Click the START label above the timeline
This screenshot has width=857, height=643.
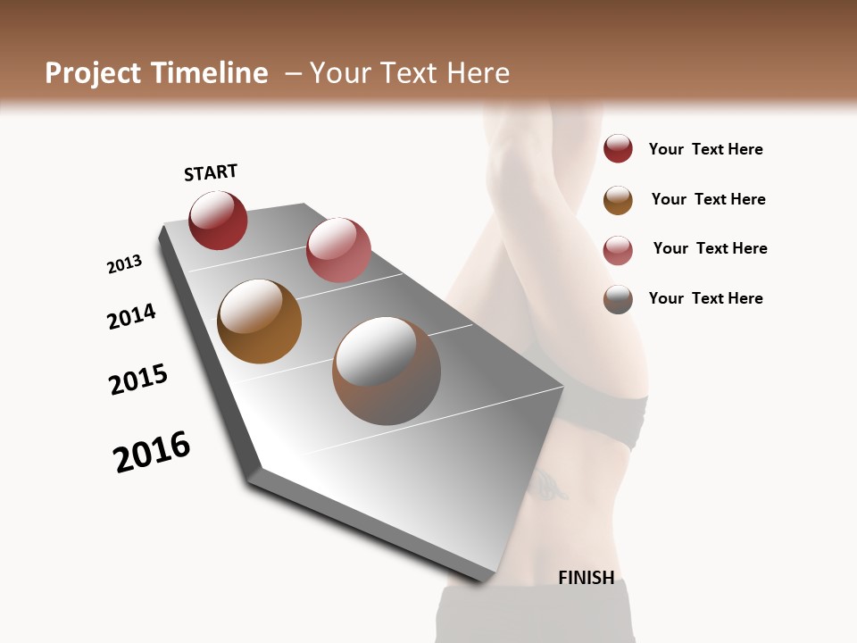coord(211,172)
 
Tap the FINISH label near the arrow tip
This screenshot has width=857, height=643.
coord(586,578)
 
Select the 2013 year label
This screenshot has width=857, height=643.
coord(124,264)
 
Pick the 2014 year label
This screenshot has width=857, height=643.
coord(131,317)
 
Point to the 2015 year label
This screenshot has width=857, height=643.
coord(138,380)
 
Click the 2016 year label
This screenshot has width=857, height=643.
coord(152,452)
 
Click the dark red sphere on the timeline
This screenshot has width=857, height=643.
coord(218,221)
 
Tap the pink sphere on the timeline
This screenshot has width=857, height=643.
coord(338,250)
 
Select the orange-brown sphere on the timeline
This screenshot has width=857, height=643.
coord(259,321)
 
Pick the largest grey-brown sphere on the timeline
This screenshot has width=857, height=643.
coord(387,371)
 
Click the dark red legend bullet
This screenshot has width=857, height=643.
coord(618,149)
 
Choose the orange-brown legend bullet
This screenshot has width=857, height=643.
coord(618,199)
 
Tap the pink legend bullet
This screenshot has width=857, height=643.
coord(618,249)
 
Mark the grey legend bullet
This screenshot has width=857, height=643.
coord(618,298)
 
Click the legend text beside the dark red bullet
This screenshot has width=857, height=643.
coord(705,149)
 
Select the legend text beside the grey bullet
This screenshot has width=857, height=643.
coord(705,298)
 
